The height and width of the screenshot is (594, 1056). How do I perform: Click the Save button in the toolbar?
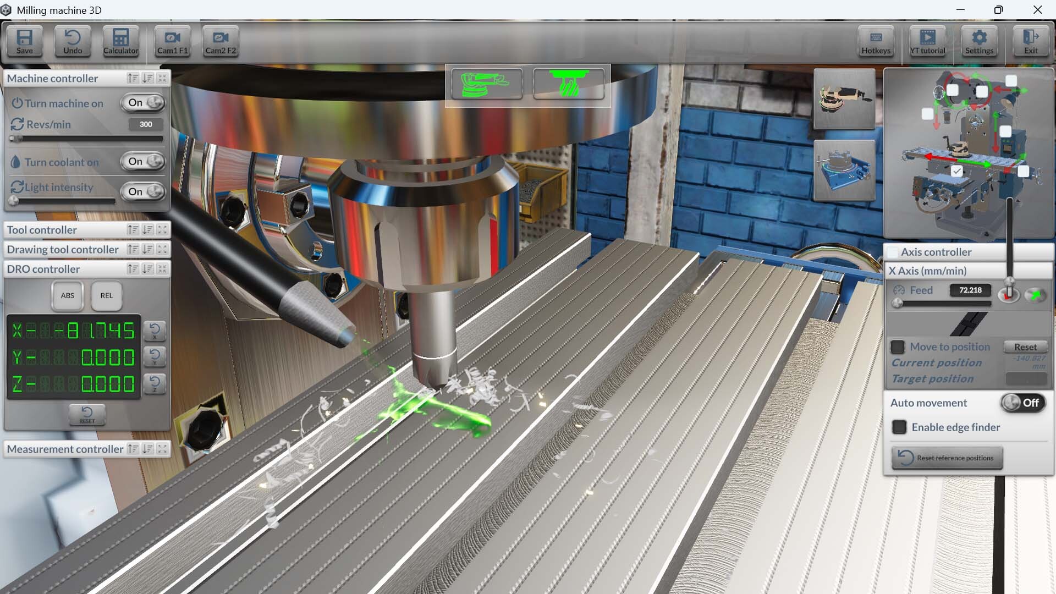coord(24,41)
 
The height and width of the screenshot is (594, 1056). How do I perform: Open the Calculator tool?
coord(120,41)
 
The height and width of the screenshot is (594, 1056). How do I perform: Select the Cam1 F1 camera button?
coord(172,41)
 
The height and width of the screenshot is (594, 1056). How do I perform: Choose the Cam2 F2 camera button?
coord(221,41)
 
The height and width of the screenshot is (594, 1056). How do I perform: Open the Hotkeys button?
coord(876,41)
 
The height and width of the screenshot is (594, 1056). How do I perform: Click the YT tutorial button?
coord(927,41)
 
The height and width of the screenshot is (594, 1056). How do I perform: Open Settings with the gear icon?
coord(979,41)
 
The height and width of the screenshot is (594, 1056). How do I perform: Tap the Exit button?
coord(1031,41)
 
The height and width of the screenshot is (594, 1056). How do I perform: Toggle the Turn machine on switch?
coord(144,103)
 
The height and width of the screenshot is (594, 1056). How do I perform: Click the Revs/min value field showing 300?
coord(146,124)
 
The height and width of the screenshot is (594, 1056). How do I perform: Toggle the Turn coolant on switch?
coord(144,162)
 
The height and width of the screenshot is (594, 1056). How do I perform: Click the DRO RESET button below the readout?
coord(87,415)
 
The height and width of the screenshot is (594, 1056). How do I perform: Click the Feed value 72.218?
coord(970,290)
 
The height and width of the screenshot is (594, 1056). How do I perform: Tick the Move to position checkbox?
coord(898,347)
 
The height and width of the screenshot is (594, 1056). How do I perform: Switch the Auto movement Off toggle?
coord(1022,403)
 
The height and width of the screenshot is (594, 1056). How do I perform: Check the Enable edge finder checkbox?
coord(899,427)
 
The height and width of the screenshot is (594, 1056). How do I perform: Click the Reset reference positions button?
coord(947,458)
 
